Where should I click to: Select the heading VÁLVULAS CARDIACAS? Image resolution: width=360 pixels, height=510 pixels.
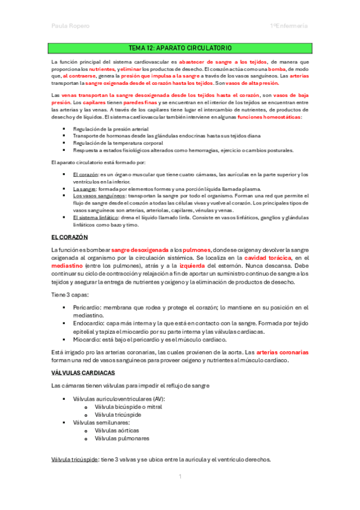point(83,373)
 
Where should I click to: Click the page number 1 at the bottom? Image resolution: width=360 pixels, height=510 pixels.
point(180,476)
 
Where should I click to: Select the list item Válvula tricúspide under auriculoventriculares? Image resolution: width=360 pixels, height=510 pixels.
point(118,415)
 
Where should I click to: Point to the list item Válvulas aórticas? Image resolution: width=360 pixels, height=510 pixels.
point(117,431)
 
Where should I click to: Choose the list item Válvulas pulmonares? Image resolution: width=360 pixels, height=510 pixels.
point(121,438)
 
